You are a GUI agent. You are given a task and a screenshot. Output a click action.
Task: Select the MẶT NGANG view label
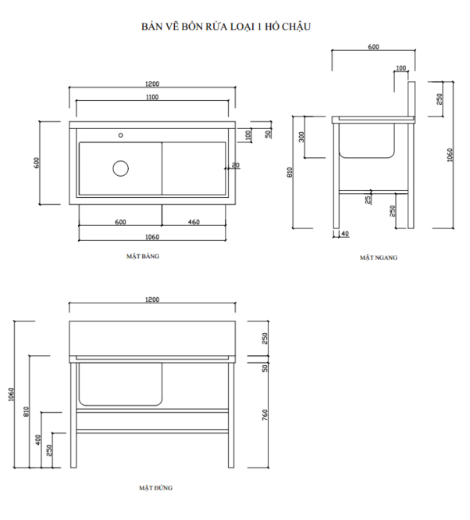pos(379,256)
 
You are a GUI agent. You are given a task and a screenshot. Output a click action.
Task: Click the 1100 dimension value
pos(151,98)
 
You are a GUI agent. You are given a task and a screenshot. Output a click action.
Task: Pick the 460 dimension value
pos(194,222)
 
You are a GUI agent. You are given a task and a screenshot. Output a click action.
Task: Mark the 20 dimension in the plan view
pos(236,166)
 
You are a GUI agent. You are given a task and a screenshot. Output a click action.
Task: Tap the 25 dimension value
pos(369,200)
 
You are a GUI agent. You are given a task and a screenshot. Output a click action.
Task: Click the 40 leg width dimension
pos(344,234)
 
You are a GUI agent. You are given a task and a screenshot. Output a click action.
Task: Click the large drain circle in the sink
pos(120,167)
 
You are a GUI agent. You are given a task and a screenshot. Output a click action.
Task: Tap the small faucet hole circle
pos(121,134)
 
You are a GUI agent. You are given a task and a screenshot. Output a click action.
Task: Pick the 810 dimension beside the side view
pos(290,173)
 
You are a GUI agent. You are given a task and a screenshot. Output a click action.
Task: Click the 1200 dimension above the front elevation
pos(151,299)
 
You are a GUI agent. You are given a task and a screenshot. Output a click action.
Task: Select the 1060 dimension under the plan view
pos(151,238)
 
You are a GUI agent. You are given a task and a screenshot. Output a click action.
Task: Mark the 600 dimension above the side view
pos(373,47)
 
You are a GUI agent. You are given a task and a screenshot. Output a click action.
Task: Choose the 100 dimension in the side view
pos(401,69)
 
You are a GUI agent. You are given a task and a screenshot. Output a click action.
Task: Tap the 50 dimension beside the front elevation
pos(265,368)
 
